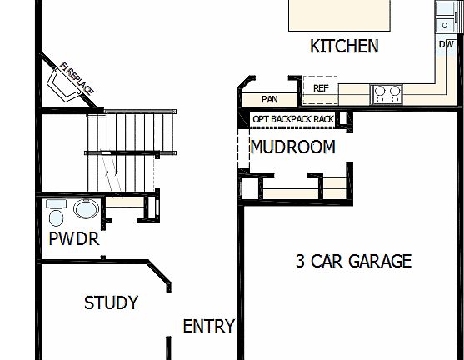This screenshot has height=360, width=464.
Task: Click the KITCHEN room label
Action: click(x=344, y=47)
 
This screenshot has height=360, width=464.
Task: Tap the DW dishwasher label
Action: click(x=446, y=44)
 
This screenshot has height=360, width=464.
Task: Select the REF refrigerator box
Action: click(x=321, y=87)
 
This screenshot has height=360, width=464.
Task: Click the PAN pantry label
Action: click(x=269, y=99)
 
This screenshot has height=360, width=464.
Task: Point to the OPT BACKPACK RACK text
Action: click(x=293, y=120)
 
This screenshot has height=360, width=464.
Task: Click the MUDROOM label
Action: click(x=292, y=147)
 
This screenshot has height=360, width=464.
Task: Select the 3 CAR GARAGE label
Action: click(x=353, y=262)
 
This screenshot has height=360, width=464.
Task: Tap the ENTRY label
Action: click(x=208, y=326)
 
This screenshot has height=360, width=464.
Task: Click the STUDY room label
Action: click(x=111, y=303)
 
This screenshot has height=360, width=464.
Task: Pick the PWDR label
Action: click(x=73, y=240)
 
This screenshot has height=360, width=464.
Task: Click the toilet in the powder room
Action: click(x=57, y=213)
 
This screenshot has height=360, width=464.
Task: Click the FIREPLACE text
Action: click(x=77, y=77)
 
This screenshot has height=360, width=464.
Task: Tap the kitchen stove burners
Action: click(x=387, y=92)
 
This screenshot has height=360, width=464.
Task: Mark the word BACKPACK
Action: click(x=292, y=120)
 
